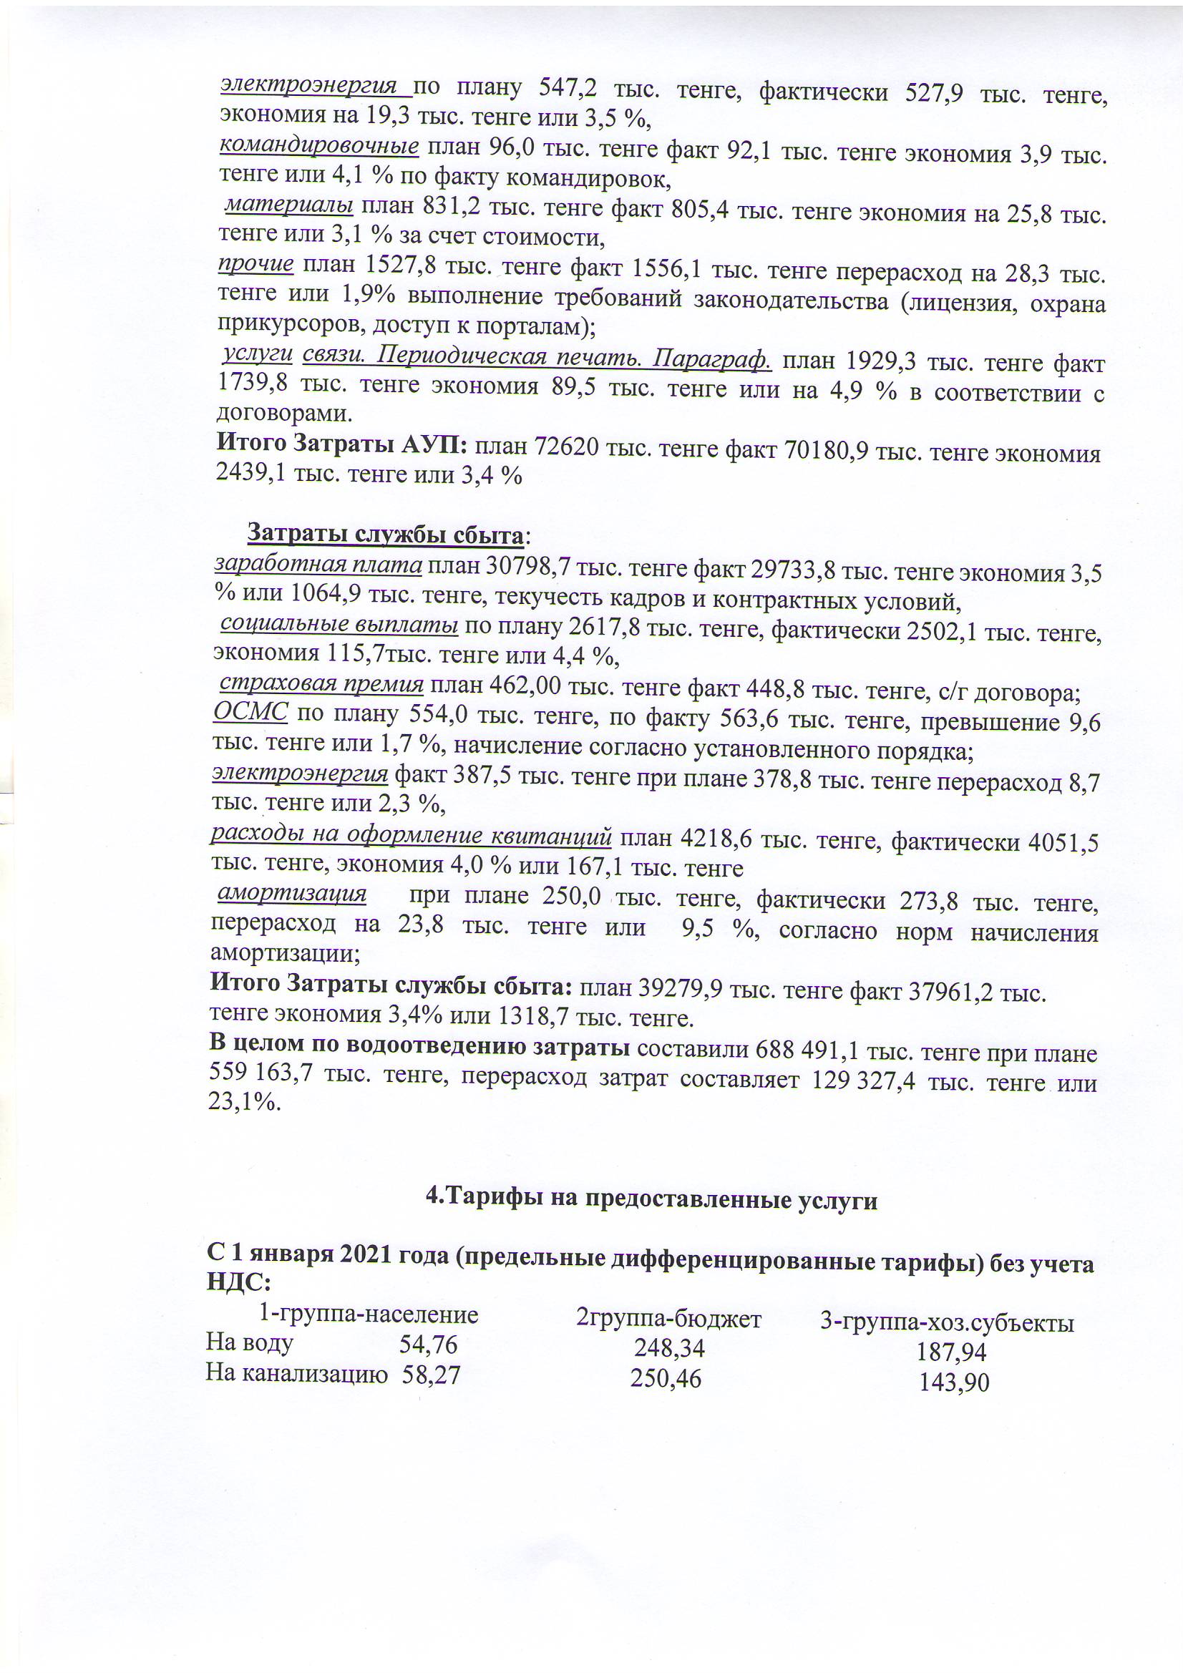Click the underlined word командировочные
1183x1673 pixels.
pos(318,146)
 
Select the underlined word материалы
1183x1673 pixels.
pos(288,205)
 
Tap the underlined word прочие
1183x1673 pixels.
pos(255,263)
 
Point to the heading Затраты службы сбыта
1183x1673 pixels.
pos(385,534)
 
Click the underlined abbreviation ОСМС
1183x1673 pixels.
pos(250,711)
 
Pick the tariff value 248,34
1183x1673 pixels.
pos(669,1348)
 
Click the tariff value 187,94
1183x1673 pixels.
pos(950,1352)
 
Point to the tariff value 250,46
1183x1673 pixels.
pos(666,1379)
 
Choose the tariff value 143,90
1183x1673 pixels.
pos(953,1382)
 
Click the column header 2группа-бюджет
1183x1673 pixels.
pos(668,1318)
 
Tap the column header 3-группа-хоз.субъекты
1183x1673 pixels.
pos(947,1322)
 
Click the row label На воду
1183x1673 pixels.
pos(250,1342)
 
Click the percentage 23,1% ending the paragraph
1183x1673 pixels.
pos(244,1102)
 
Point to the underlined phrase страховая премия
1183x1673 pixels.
pos(321,683)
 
